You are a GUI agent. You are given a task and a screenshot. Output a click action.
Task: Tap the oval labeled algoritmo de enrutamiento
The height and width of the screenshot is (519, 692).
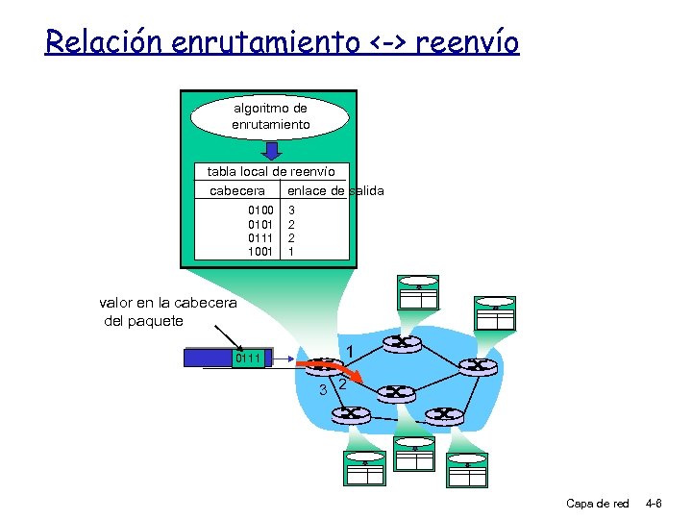click(270, 116)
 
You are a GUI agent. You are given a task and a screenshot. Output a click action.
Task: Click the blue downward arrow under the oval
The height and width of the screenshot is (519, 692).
click(272, 151)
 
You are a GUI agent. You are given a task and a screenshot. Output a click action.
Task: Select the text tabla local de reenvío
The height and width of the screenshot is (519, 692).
click(271, 171)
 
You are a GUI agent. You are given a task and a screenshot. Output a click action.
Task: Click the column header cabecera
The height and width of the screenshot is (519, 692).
click(237, 190)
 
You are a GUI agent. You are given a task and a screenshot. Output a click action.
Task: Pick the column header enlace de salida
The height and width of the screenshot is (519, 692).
click(335, 190)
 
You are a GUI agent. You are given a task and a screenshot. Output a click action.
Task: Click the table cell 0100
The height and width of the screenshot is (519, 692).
click(260, 209)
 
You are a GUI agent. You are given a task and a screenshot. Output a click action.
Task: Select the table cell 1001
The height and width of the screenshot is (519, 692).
click(260, 251)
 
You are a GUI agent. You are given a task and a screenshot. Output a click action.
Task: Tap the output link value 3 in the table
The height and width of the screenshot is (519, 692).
click(292, 209)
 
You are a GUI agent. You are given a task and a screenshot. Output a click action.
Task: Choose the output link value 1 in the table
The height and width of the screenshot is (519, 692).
click(292, 251)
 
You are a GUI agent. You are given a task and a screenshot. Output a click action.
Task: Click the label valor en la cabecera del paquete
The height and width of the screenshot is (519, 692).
click(167, 311)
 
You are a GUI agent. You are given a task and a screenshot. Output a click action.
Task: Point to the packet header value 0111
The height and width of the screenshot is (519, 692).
click(248, 358)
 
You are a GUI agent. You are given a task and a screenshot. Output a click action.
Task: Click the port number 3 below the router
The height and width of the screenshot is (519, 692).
click(324, 389)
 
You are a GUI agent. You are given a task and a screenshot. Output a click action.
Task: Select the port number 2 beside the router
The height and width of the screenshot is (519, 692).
click(343, 384)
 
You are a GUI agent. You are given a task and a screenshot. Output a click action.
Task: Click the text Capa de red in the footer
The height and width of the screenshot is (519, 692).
click(597, 503)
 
